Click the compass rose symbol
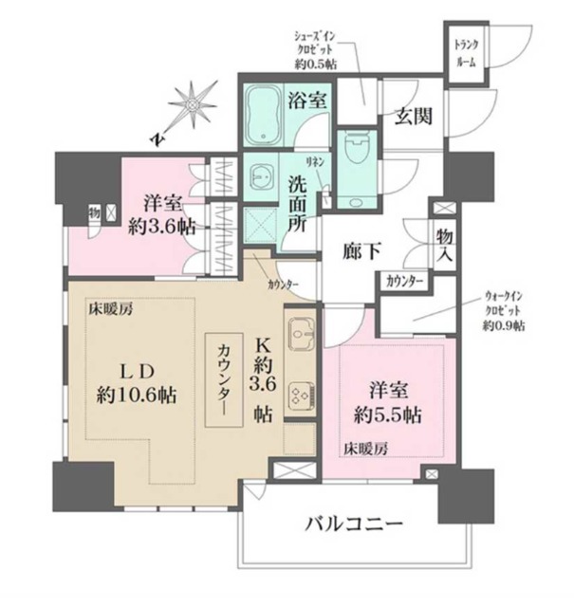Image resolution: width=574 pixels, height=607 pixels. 194,104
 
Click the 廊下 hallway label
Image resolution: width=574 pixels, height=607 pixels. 361,251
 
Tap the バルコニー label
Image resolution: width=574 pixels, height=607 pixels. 355,524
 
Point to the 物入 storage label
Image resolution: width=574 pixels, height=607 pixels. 443,244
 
